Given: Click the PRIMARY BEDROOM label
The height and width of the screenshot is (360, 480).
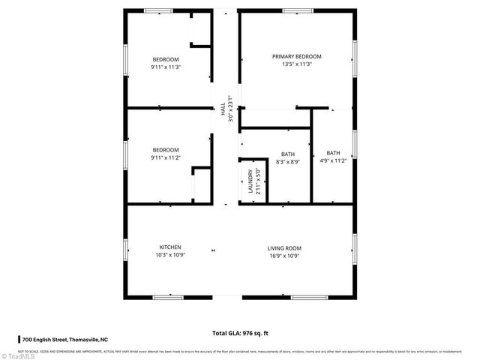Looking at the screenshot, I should (296, 56).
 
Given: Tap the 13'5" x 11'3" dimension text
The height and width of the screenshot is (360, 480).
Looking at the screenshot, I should (296, 64).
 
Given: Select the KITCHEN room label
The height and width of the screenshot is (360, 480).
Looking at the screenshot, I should (169, 247).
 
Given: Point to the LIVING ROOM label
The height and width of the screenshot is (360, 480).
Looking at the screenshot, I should (284, 247).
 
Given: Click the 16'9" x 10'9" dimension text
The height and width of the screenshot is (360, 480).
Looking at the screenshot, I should (284, 255).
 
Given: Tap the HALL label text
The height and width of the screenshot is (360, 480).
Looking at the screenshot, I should (223, 109).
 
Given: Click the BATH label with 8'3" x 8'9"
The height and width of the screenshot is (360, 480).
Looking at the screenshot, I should (288, 154).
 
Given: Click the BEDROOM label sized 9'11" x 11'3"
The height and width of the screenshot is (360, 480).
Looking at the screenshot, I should (166, 59).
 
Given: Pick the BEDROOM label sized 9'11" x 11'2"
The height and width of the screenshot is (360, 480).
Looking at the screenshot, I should (166, 149).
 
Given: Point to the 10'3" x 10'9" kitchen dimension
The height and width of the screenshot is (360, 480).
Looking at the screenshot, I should (169, 255).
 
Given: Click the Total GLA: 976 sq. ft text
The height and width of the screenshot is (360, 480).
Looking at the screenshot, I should (239, 332).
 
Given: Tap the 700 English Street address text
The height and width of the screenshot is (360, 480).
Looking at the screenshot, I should (72, 340).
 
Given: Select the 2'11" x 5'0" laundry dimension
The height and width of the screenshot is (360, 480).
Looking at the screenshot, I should (258, 182).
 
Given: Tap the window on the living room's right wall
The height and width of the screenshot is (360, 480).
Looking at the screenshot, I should (354, 247).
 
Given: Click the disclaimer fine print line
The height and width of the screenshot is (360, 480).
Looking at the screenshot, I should (240, 350).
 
